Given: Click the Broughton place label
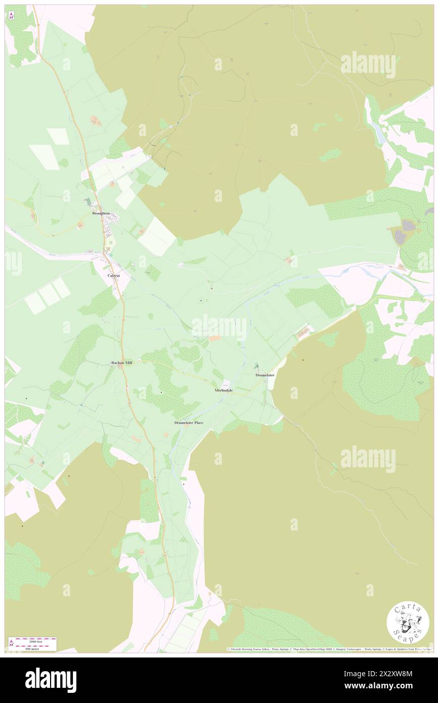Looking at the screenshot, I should pyautogui.click(x=101, y=213).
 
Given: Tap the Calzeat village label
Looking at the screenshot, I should pyautogui.click(x=114, y=276).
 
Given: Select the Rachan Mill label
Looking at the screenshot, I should pyautogui.click(x=122, y=363).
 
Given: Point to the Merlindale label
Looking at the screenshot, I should pyautogui.click(x=224, y=390).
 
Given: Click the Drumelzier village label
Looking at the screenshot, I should pyautogui.click(x=265, y=375).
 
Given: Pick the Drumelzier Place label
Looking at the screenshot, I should pyautogui.click(x=189, y=422).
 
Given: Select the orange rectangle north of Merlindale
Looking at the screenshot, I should pyautogui.click(x=214, y=338).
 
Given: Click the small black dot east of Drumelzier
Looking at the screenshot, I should pyautogui.click(x=303, y=360).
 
